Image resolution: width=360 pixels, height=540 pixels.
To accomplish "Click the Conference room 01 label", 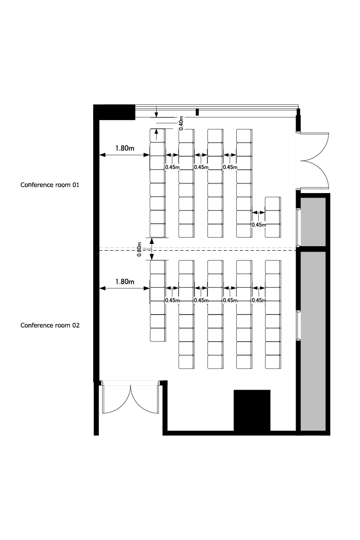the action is [x=50, y=185].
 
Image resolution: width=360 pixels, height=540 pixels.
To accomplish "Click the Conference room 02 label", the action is [x=50, y=325].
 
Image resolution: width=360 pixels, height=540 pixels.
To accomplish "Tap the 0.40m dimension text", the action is [x=181, y=123].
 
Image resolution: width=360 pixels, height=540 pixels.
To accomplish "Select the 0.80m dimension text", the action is [x=139, y=249].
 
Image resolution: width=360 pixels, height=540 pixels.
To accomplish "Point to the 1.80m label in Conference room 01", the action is [x=125, y=148].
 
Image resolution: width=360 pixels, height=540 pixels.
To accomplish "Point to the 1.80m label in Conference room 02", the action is [x=125, y=282].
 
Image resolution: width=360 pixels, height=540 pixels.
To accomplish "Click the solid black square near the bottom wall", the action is [x=252, y=410].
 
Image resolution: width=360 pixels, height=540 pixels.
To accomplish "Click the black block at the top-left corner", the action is [x=114, y=112].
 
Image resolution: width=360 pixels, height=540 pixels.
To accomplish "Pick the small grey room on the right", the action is [x=313, y=222].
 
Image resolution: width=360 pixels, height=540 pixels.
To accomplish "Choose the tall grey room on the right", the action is [x=313, y=341].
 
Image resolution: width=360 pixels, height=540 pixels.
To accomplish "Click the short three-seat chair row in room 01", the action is [x=273, y=217].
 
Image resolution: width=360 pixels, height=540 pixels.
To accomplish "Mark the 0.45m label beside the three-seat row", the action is [x=258, y=225].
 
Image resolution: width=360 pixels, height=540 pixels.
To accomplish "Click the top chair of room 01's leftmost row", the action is [x=157, y=135].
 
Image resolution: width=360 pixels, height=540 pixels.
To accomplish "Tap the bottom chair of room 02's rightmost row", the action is [x=273, y=362].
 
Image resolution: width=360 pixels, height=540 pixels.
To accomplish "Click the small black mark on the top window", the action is [x=197, y=112].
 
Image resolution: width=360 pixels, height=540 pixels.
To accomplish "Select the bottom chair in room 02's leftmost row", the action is [x=157, y=335].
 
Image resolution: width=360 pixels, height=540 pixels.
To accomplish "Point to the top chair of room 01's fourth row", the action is [x=244, y=135].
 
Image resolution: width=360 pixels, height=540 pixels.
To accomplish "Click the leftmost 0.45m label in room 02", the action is [x=172, y=301].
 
